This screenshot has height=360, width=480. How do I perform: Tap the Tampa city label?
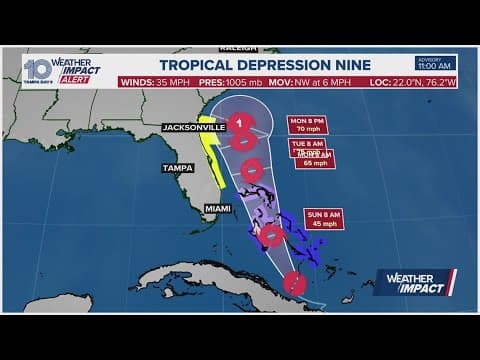tap(177, 168)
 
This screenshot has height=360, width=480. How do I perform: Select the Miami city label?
tap(217, 207)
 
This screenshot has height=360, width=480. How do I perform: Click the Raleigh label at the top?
tap(232, 46)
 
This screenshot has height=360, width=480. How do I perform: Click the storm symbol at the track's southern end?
tap(293, 283)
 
